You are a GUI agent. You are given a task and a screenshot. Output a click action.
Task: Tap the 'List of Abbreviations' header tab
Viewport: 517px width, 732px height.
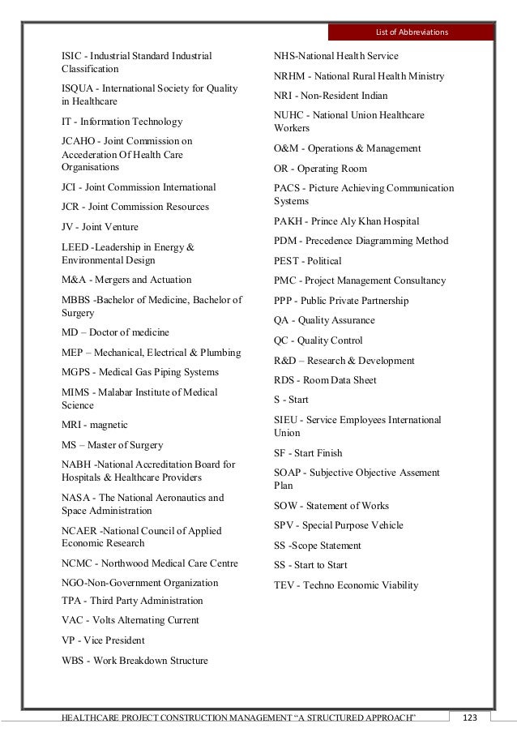click(411, 32)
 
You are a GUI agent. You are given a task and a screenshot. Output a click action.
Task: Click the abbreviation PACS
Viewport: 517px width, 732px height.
click(288, 188)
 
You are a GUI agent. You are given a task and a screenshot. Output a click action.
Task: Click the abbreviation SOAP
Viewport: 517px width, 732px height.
click(288, 473)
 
